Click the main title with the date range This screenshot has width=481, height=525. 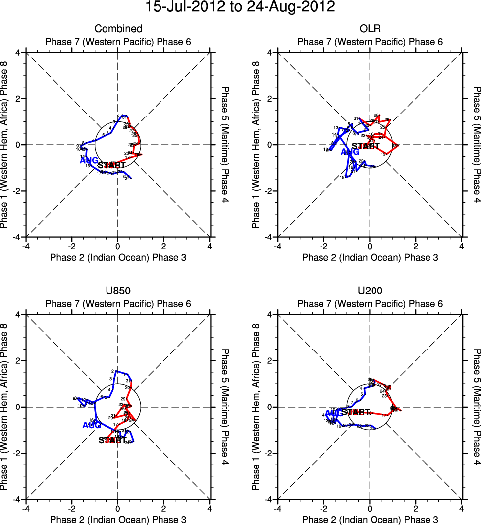point(240,7)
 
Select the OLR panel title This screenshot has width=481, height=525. point(370,29)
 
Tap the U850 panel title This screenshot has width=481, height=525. point(118,291)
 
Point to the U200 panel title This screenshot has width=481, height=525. point(370,291)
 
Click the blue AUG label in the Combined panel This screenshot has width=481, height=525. point(89,160)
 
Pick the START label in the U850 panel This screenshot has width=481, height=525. point(113,440)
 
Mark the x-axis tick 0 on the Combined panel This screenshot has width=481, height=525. point(118,246)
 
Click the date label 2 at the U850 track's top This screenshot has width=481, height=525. point(113,371)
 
